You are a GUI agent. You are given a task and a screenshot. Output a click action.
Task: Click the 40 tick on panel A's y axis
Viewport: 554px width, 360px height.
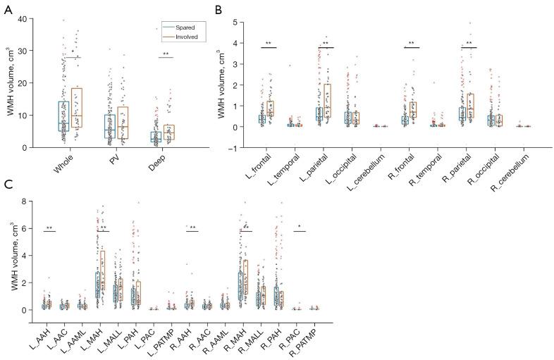[x=28, y=19]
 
